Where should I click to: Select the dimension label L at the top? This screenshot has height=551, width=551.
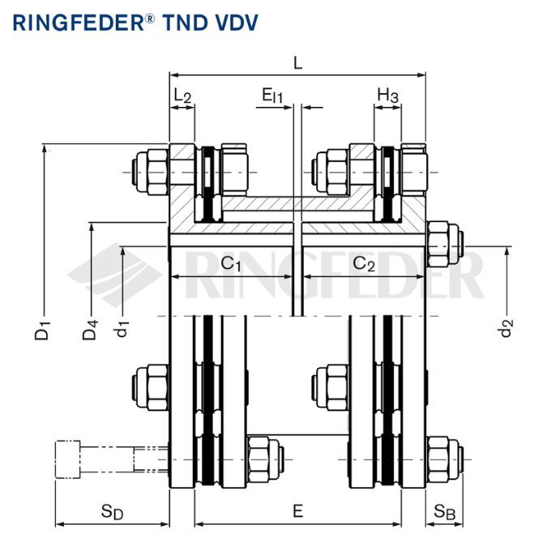click(297, 63)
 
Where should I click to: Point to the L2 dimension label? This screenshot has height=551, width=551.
click(182, 96)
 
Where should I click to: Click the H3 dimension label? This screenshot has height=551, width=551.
click(387, 96)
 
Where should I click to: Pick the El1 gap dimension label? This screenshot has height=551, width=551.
click(272, 96)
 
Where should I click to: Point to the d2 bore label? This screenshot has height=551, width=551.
click(506, 327)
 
